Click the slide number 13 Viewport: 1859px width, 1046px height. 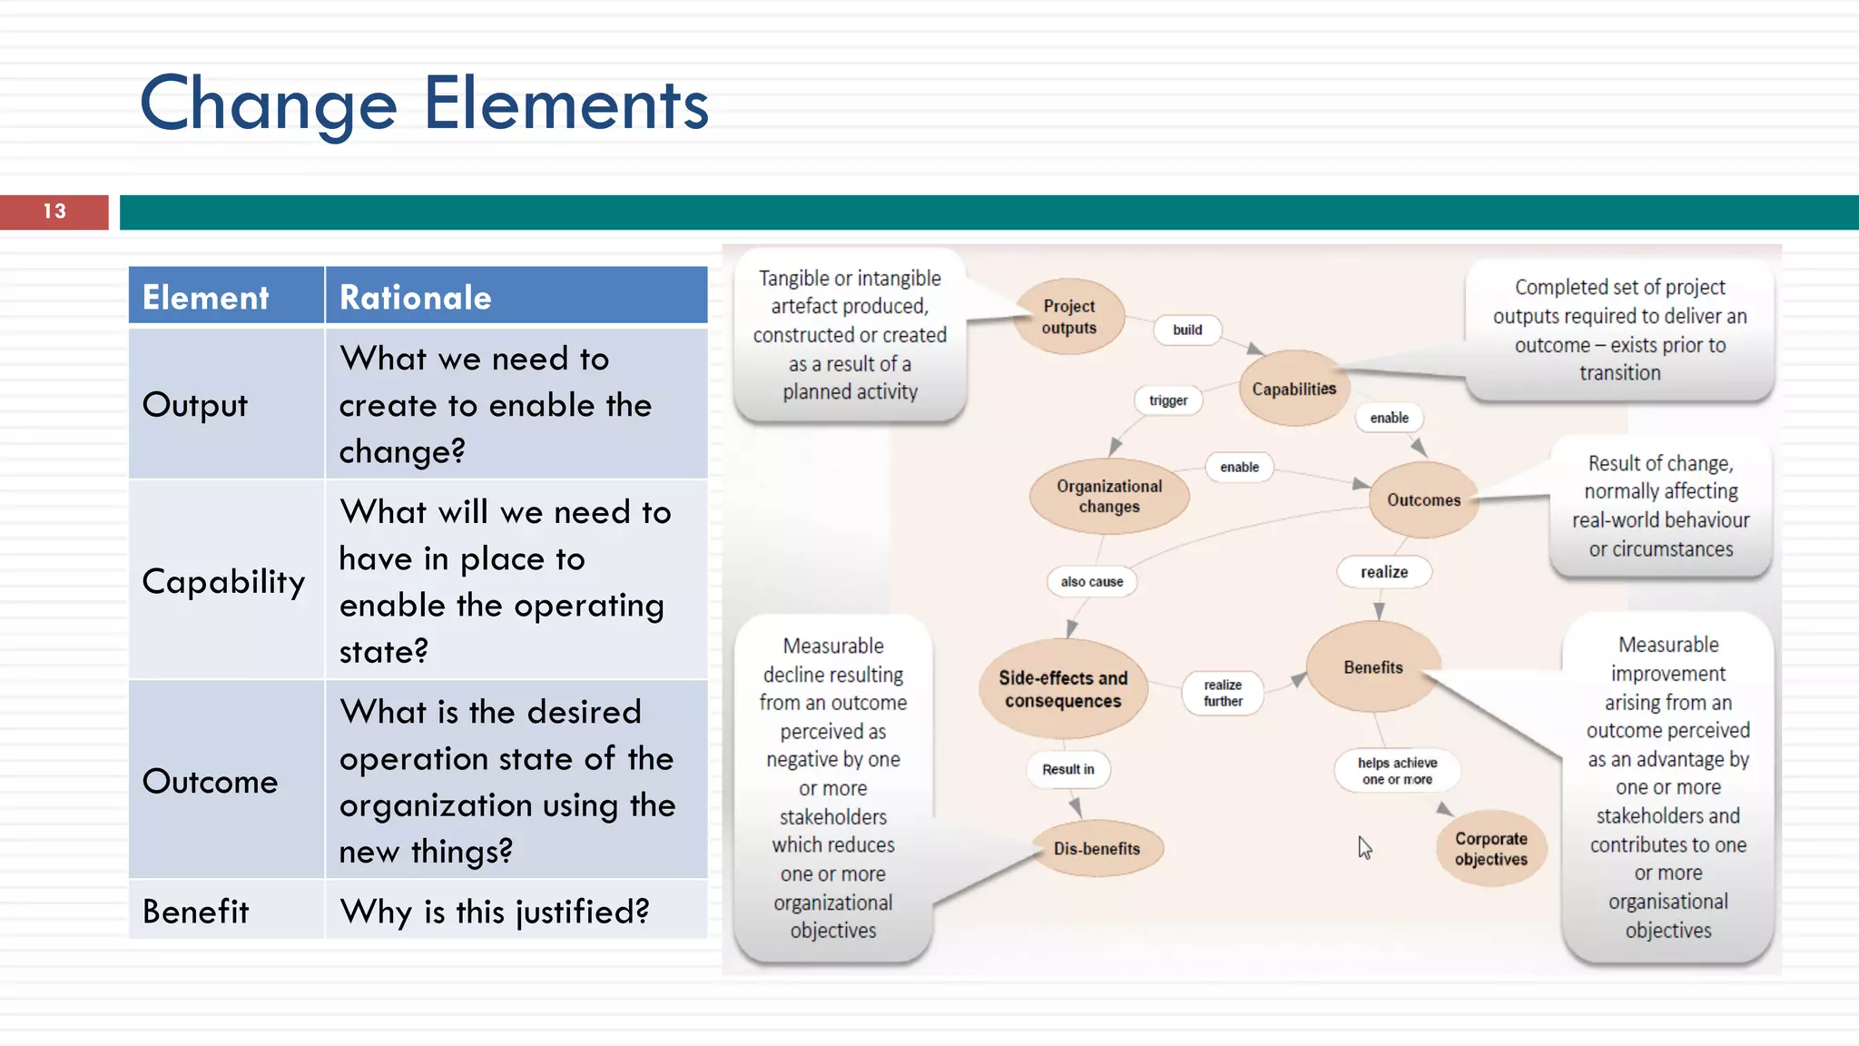click(x=54, y=212)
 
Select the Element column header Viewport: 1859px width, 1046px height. click(x=206, y=298)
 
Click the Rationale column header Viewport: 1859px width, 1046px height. click(x=416, y=298)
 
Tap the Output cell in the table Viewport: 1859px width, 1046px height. click(x=195, y=404)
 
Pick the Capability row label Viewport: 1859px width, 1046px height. click(x=223, y=581)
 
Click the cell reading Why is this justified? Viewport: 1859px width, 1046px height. click(x=495, y=911)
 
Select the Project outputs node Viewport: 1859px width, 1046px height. click(x=1069, y=317)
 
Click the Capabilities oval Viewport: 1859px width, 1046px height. click(x=1293, y=389)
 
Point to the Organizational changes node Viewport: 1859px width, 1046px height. click(x=1108, y=497)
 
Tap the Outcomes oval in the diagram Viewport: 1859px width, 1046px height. click(x=1423, y=499)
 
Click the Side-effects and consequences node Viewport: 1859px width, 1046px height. click(x=1063, y=689)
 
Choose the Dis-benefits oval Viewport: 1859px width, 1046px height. click(x=1097, y=848)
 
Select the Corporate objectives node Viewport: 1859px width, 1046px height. click(x=1490, y=849)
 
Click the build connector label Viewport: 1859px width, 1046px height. click(x=1186, y=330)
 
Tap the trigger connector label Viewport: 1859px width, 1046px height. click(x=1168, y=400)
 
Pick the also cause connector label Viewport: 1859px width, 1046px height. click(x=1092, y=581)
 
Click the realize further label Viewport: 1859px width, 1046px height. click(x=1223, y=693)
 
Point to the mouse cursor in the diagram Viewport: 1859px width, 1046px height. click(x=1363, y=847)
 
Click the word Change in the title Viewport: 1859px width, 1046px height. click(x=269, y=104)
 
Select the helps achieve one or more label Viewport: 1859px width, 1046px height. click(x=1397, y=770)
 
